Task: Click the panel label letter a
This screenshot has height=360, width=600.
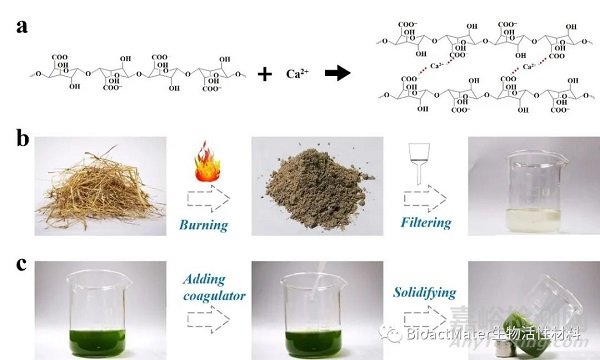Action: tap(20, 28)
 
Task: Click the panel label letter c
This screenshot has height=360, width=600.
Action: tap(20, 264)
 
